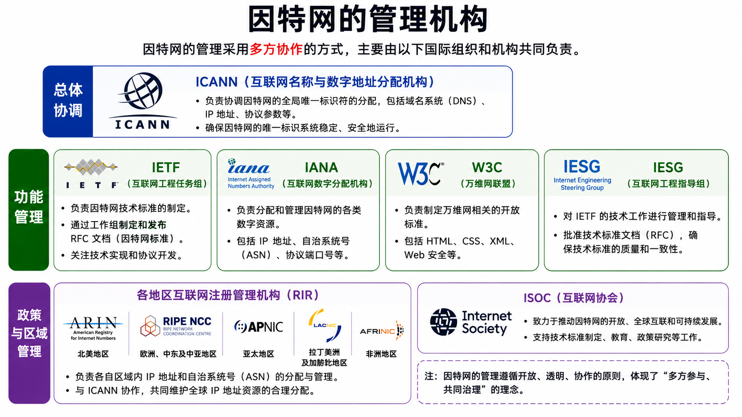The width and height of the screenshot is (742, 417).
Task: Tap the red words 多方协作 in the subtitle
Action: (x=276, y=49)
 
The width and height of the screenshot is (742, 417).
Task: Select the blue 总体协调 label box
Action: (x=68, y=101)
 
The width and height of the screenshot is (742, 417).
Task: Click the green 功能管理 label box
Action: (x=29, y=210)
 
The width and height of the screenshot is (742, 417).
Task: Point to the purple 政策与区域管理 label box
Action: (x=29, y=343)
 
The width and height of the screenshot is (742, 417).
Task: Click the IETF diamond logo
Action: (x=91, y=174)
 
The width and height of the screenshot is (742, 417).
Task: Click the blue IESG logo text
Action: (x=582, y=175)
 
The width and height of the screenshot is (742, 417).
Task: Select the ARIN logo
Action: (x=93, y=328)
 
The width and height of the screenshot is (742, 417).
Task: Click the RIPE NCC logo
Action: (x=176, y=326)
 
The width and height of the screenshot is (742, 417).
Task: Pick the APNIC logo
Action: (x=258, y=327)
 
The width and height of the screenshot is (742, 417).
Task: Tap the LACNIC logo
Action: (x=325, y=325)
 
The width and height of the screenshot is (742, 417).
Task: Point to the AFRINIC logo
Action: (x=382, y=330)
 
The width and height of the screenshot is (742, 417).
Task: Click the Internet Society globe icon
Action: (x=443, y=322)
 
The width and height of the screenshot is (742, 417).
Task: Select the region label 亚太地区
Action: (x=258, y=354)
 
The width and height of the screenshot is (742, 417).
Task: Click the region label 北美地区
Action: (x=93, y=354)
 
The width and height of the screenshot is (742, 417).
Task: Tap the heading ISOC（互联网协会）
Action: (x=573, y=298)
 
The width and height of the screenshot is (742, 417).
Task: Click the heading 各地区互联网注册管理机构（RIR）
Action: (x=228, y=295)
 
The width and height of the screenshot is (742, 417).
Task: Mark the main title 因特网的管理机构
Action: (x=368, y=19)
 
